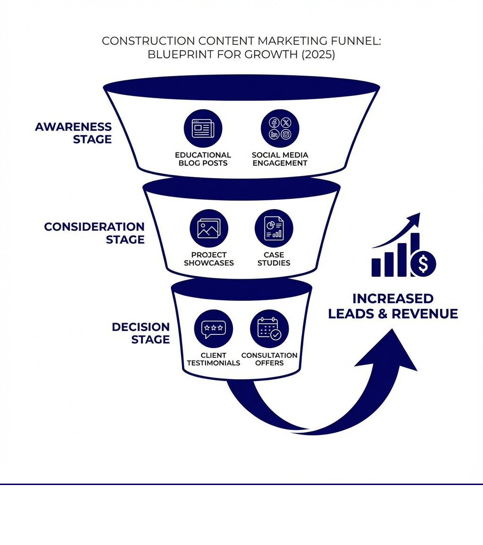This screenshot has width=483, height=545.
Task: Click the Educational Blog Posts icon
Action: pos(203,128)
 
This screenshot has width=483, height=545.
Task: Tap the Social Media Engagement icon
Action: pos(280,128)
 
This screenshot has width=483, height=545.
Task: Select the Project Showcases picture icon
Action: pos(208,229)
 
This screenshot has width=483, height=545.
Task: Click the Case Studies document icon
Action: pos(274,229)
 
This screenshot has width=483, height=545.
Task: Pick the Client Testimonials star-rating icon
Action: pos(213,329)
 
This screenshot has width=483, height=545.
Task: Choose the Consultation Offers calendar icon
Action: pos(269,329)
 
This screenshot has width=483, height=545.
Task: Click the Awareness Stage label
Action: pos(74,133)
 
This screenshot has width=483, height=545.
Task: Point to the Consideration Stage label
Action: pos(94,233)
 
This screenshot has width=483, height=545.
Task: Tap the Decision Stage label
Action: pos(141,333)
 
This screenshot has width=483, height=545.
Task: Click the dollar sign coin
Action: pos(423,264)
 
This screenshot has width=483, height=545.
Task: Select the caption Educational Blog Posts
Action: pos(203,159)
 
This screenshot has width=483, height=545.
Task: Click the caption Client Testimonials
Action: pos(213,359)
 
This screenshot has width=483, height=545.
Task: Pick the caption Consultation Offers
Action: pos(269,359)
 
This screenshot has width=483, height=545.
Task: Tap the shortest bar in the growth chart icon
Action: pos(376,267)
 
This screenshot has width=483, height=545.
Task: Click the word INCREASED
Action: pos(393,298)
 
